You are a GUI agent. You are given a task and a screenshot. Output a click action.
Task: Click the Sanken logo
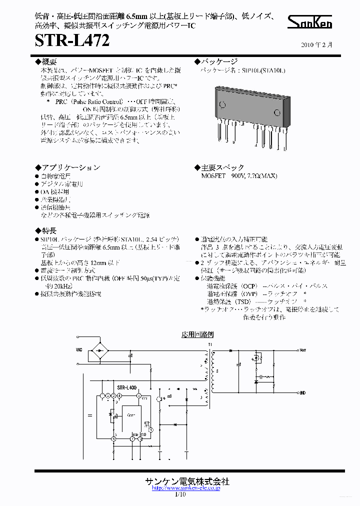(x=310, y=22)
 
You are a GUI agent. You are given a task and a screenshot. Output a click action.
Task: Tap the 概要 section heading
(x=47, y=61)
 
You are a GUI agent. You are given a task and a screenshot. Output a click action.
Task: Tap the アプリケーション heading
(x=67, y=167)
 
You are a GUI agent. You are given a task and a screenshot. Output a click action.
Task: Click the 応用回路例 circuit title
(x=197, y=334)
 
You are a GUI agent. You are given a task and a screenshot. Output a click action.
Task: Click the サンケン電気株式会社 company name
(x=187, y=481)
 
